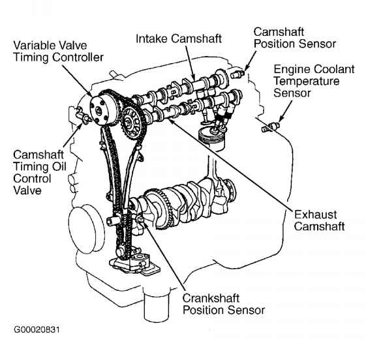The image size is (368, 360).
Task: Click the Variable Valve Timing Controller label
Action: [58, 51]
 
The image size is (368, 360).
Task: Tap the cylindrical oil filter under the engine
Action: [156, 303]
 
